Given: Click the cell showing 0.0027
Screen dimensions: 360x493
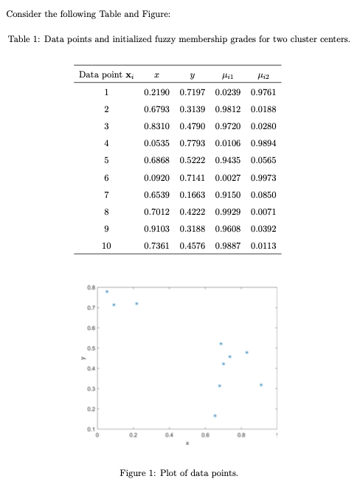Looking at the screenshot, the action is click(228, 179).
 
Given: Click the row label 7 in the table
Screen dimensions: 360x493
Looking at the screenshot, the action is click(106, 196).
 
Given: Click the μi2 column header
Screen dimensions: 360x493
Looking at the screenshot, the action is click(263, 76).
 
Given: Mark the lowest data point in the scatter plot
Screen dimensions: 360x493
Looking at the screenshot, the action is click(215, 416).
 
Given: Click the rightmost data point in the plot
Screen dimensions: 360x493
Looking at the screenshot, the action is click(261, 385).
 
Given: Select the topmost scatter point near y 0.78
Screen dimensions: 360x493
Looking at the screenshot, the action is click(106, 291).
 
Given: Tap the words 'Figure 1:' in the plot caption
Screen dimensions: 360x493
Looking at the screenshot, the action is click(139, 473).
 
